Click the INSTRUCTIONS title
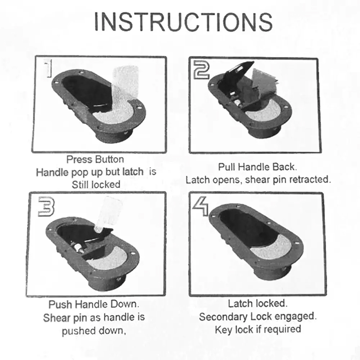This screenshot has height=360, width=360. [x=183, y=22]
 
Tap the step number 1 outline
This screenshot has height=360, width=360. [x=48, y=68]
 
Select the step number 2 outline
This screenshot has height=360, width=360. [x=201, y=70]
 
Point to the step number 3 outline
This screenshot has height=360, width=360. [x=46, y=207]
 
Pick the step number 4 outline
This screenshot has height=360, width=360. [x=200, y=207]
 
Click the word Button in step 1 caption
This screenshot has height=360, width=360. [x=109, y=159]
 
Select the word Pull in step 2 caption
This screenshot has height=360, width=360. [x=227, y=167]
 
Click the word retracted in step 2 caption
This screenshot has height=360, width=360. [x=310, y=179]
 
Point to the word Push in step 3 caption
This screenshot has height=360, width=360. [x=61, y=305]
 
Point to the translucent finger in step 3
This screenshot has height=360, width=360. [x=108, y=213]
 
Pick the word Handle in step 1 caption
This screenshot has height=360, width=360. [x=53, y=172]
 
